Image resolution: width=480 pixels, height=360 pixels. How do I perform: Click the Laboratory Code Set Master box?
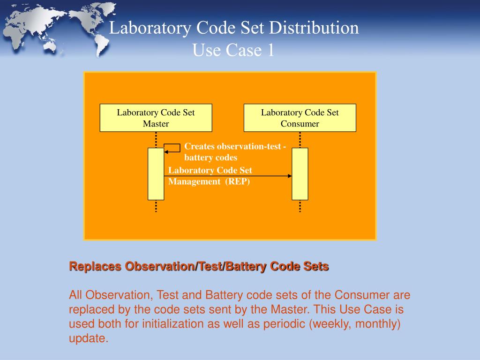[x=156, y=118]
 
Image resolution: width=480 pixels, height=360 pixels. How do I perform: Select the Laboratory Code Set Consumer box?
[x=300, y=118]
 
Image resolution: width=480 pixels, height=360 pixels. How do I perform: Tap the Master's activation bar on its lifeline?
[x=156, y=174]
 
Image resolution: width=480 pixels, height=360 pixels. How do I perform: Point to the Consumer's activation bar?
[x=300, y=174]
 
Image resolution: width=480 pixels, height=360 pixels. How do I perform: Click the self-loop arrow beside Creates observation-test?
[x=172, y=148]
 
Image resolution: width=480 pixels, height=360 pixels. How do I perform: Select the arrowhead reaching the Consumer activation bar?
[x=289, y=176]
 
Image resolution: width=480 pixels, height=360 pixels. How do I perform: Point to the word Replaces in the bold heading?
[x=95, y=267]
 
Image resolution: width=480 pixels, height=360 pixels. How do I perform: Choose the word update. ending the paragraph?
[x=89, y=338]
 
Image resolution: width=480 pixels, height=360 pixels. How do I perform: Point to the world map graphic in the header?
[x=56, y=28]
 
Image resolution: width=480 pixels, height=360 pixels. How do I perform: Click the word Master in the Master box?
[x=156, y=124]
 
